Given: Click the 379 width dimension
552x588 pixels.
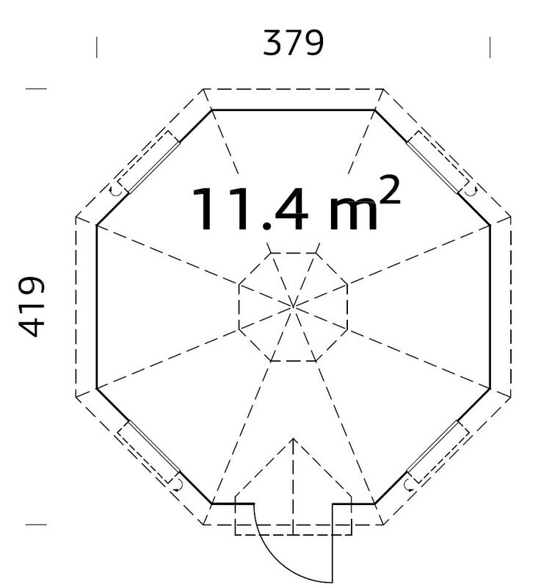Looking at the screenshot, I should [293, 43].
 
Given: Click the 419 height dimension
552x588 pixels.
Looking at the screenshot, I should [32, 306].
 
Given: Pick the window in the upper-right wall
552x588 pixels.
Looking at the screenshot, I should [440, 161].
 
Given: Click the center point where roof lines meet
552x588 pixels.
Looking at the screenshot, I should [293, 305].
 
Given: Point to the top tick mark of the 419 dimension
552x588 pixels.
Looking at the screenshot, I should [37, 90].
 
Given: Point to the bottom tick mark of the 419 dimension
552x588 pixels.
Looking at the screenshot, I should [37, 524].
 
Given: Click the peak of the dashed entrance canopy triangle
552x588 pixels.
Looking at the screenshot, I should [293, 440].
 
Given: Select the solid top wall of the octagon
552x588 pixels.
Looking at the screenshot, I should [294, 110].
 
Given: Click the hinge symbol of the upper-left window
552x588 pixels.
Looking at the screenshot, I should [115, 190].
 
